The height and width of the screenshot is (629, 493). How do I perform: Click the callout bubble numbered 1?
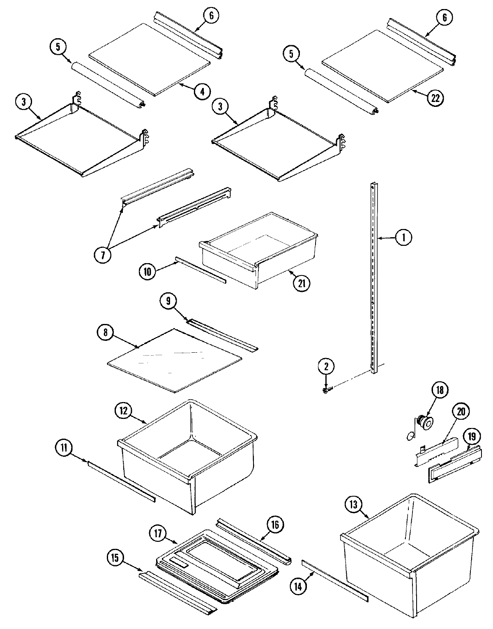403,238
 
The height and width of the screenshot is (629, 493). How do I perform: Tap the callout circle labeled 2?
326,366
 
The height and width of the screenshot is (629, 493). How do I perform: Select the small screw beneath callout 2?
326,390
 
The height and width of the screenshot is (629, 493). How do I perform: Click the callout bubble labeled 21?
302,282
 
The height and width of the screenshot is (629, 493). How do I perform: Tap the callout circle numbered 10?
147,271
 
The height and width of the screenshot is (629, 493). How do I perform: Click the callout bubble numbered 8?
105,333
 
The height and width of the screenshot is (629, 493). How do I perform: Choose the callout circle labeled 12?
124,410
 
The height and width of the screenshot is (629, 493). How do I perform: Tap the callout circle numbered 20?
460,412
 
